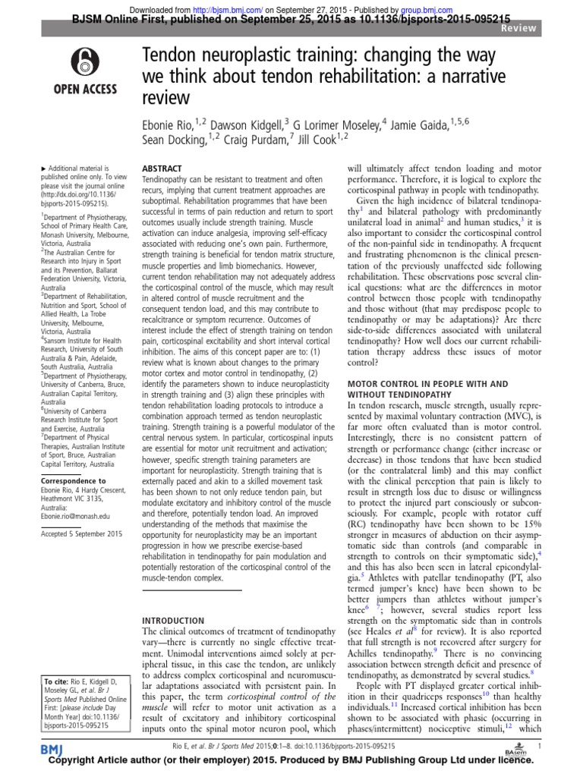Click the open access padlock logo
coord(84,62)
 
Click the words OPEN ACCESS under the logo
coord(84,89)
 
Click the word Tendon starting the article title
coord(172,55)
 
